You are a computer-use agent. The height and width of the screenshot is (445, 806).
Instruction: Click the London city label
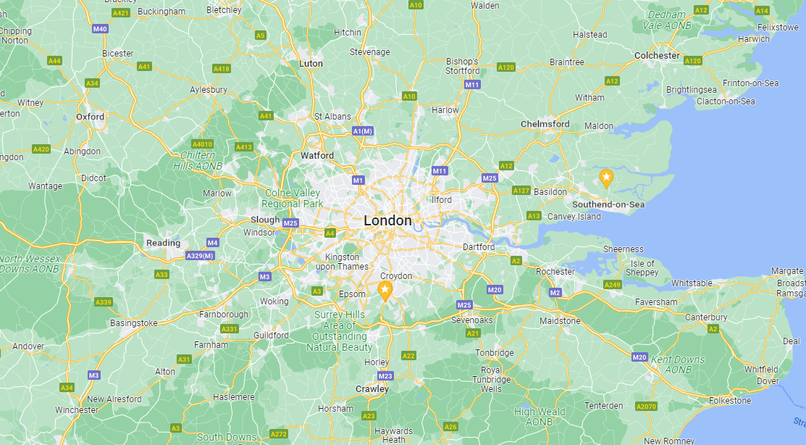click(x=387, y=220)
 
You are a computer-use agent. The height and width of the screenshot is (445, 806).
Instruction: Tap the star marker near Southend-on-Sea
click(x=606, y=177)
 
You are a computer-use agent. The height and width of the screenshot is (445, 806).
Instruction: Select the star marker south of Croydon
click(x=385, y=291)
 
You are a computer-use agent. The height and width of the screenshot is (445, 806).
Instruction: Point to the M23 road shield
click(x=385, y=376)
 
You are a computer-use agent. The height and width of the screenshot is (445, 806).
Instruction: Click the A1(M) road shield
click(x=363, y=130)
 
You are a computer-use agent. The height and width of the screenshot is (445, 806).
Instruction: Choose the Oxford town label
click(x=91, y=117)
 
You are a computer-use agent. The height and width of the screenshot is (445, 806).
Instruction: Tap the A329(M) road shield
click(x=200, y=256)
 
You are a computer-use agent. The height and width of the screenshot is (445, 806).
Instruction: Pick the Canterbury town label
click(x=706, y=317)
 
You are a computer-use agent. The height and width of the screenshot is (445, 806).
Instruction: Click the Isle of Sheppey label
click(x=643, y=268)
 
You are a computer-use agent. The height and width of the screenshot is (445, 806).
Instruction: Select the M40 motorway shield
click(x=100, y=29)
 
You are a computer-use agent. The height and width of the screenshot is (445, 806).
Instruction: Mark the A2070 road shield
click(x=646, y=407)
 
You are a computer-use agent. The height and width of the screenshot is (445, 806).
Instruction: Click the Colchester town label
click(x=657, y=56)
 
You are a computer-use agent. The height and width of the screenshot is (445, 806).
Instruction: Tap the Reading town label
click(x=163, y=244)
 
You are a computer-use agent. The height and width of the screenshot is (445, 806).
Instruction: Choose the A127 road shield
click(x=521, y=191)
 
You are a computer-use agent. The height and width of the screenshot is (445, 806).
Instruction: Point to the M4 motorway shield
click(x=212, y=242)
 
